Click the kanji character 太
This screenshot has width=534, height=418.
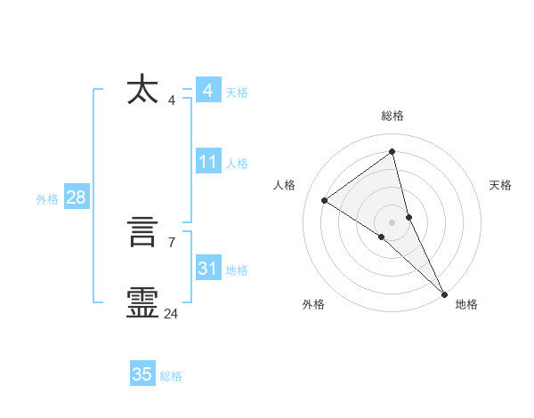pos(142,91)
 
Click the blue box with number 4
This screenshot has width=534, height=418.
pos(207,91)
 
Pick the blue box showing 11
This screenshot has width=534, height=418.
pos(207,162)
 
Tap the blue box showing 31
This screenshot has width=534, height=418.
pos(207,269)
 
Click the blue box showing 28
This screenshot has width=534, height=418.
pos(76,197)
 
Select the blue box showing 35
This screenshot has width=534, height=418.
pos(142,374)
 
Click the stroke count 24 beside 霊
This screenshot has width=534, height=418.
pos(171,313)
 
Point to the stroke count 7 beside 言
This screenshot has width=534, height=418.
pos(171,241)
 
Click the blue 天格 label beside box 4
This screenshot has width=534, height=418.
pos(237,92)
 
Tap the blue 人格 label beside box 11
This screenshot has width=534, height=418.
pos(237,164)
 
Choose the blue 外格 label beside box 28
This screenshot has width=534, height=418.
pos(47,199)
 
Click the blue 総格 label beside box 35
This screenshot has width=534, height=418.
pos(171,376)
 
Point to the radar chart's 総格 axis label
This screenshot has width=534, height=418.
pos(392,116)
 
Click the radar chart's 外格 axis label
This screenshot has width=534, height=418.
pos(313,304)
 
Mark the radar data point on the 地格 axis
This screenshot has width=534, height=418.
pos(444,293)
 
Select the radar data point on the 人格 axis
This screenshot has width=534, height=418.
pos(324,200)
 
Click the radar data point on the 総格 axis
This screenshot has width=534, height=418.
pos(392,151)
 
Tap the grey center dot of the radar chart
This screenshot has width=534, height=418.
pos(392,221)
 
